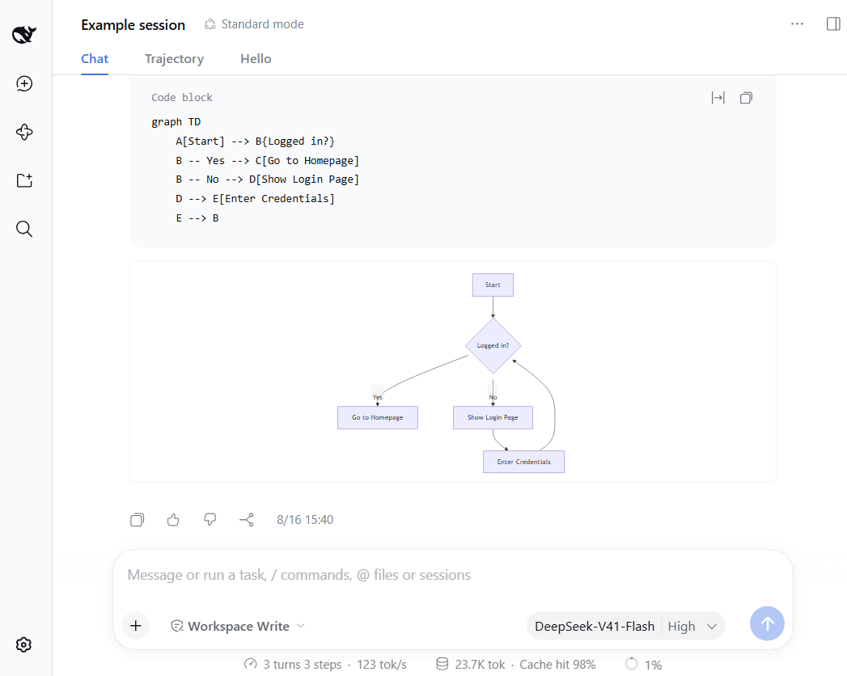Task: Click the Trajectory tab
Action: pos(174,59)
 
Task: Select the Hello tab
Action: pos(256,59)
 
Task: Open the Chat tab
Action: pos(95,59)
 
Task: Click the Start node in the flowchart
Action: pos(493,285)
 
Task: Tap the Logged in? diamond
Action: pos(493,345)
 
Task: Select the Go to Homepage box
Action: pos(378,417)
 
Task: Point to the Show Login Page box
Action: pos(493,417)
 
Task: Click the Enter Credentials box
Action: pos(523,462)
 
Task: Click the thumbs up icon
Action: pos(173,519)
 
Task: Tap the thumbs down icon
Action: pos(210,519)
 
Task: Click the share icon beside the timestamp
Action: pos(246,519)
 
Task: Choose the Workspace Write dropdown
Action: pos(238,626)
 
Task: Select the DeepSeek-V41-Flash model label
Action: pos(595,627)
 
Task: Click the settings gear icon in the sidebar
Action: pos(23,644)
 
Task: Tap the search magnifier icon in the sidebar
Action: pos(24,229)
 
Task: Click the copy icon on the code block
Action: pos(746,98)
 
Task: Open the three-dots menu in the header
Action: pos(797,23)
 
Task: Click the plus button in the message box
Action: pos(136,626)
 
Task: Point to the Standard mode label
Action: pos(254,24)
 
